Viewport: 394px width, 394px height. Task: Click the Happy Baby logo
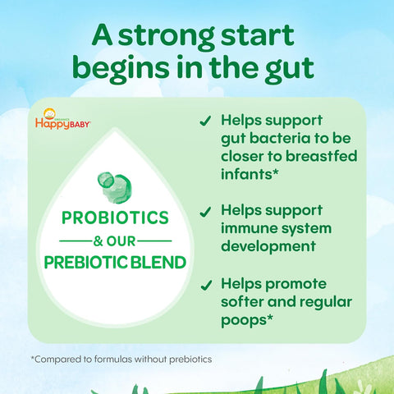[x=62, y=119]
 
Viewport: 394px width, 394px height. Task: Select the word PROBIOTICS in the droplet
[x=115, y=218]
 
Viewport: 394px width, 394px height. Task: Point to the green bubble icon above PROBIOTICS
[x=115, y=187]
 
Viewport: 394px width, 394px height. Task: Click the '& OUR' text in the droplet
[x=114, y=241]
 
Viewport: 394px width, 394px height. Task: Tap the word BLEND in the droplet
[x=158, y=263]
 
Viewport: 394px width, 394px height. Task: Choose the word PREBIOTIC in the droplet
[x=86, y=263]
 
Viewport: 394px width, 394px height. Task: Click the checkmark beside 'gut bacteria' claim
[x=205, y=121]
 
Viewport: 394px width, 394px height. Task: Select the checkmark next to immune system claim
[x=205, y=212]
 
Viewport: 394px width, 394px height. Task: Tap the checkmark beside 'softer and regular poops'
[x=206, y=285]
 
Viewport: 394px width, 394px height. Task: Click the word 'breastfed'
[x=322, y=156]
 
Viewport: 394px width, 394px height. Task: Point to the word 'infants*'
[x=250, y=174]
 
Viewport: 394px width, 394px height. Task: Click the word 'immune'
[x=249, y=228]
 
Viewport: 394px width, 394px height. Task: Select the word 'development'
[x=268, y=247]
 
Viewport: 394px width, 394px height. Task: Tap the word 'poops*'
[x=247, y=320]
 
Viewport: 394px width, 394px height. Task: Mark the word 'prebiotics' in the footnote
[x=190, y=360]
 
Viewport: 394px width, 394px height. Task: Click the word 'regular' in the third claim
[x=326, y=303]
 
